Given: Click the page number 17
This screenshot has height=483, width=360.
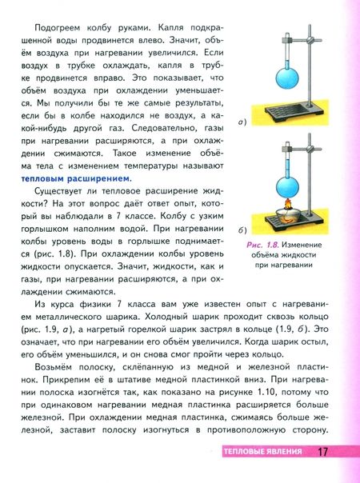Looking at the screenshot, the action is click(322, 453).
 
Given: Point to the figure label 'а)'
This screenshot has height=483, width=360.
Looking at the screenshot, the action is click(242, 122).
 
